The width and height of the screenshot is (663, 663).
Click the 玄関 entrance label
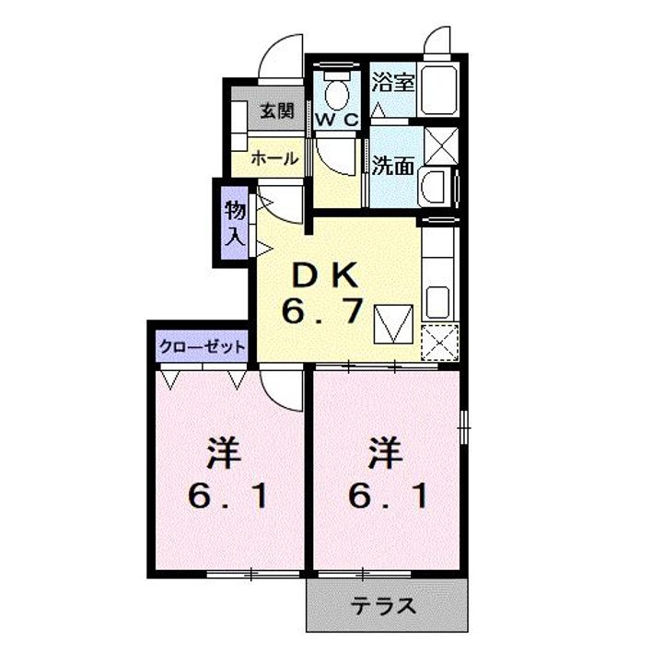coord(275,111)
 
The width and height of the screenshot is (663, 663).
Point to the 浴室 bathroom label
coord(392,82)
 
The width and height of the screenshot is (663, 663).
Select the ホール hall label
coord(275,158)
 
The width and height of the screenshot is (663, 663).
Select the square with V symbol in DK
coord(392,323)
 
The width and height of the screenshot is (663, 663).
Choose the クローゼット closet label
coord(203,347)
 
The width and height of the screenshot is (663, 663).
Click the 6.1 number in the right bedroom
coord(388,497)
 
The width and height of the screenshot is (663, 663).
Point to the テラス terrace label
coord(386,607)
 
